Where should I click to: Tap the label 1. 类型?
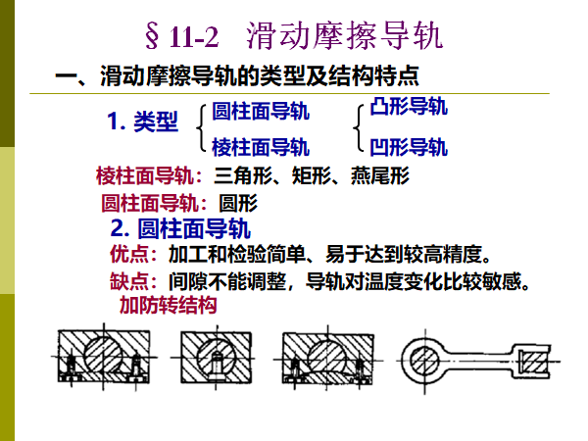143,122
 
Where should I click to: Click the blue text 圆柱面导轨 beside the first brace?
261,111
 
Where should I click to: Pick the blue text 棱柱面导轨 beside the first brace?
261,147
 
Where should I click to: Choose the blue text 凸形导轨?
410,106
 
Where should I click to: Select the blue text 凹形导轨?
410,147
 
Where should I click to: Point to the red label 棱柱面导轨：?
150,177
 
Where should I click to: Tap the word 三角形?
242,177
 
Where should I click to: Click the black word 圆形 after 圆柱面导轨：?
237,205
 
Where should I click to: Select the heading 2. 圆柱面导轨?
181,230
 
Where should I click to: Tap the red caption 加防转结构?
168,305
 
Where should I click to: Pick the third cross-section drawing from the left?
325,357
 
